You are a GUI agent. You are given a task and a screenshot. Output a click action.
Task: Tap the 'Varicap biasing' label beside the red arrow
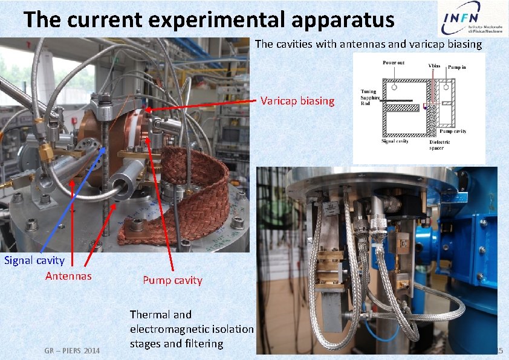coord(297,101)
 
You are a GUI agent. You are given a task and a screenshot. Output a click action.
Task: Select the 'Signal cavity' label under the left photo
coord(34,260)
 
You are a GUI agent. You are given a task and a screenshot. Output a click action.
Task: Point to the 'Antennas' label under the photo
coord(69,276)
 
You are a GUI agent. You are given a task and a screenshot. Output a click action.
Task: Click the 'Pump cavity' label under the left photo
coord(172,280)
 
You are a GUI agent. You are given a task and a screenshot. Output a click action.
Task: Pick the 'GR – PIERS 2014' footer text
coord(72,350)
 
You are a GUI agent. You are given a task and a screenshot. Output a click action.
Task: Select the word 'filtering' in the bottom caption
coord(203,344)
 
